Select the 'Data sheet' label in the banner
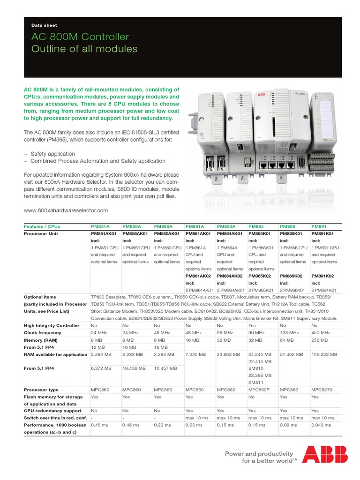[44, 25]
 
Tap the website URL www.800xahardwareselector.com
[66, 210]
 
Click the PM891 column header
[319, 226]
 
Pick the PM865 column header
[256, 226]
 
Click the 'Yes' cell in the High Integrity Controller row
[252, 325]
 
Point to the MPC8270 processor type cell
[323, 390]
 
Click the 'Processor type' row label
[42, 390]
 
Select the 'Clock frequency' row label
[44, 333]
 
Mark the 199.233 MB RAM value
[324, 355]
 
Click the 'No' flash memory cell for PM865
[251, 397]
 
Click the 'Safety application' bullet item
[52, 154]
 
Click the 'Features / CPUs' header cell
[42, 226]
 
